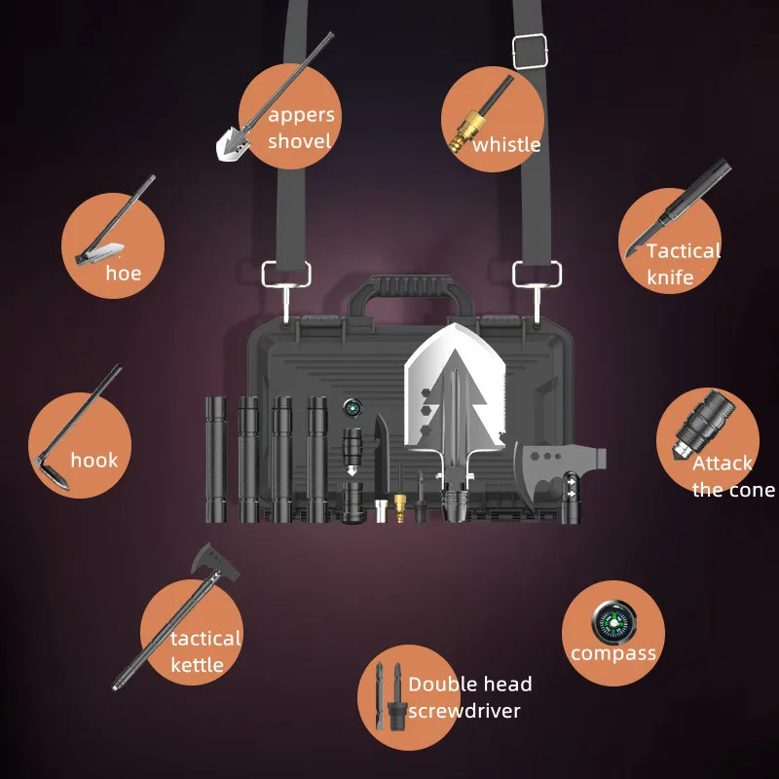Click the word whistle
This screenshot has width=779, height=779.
click(x=506, y=145)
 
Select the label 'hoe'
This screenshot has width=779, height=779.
click(x=124, y=274)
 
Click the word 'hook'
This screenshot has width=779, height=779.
click(x=93, y=460)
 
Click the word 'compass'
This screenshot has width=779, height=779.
click(x=613, y=653)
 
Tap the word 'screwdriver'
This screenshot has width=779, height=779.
click(x=464, y=711)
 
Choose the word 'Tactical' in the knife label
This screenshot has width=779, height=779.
click(x=684, y=251)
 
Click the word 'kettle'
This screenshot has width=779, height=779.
click(x=198, y=665)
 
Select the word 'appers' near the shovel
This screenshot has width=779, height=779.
click(x=301, y=115)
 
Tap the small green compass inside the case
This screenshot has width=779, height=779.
click(x=351, y=407)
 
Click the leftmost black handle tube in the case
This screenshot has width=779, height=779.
click(x=216, y=456)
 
